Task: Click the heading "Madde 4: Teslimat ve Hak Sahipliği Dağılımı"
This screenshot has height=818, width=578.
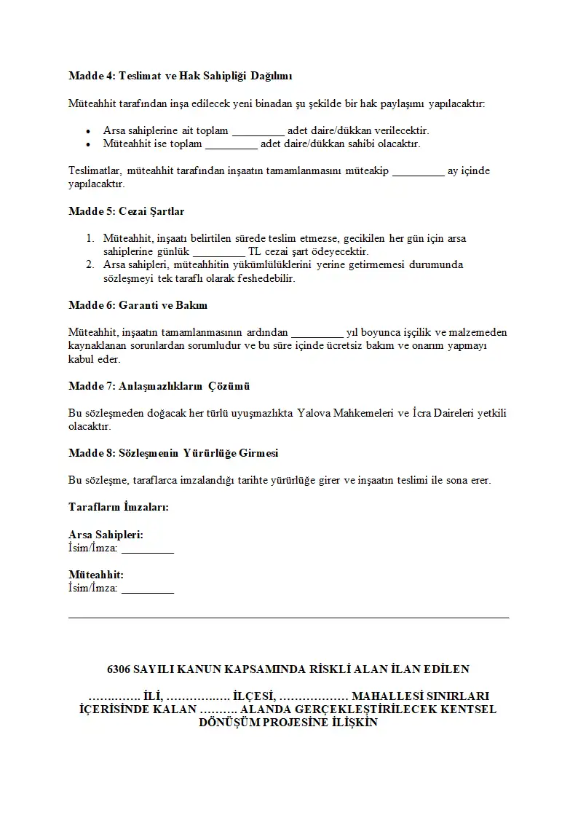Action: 181,76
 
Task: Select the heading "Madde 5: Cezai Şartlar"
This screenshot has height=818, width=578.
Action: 126,211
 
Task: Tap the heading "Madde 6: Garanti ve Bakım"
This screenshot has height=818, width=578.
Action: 138,304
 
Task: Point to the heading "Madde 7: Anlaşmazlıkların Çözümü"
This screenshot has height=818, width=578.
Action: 159,385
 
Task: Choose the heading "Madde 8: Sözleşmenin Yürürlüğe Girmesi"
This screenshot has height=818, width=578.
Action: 173,452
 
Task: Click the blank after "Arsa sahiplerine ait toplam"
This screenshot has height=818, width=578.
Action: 258,132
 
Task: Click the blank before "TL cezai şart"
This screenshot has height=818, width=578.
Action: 219,252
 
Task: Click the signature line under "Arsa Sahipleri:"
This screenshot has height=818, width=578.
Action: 148,549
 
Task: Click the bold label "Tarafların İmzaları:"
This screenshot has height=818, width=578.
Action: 118,506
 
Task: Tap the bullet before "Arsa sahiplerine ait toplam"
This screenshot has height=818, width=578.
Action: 88,131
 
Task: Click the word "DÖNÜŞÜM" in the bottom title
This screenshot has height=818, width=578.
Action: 229,723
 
